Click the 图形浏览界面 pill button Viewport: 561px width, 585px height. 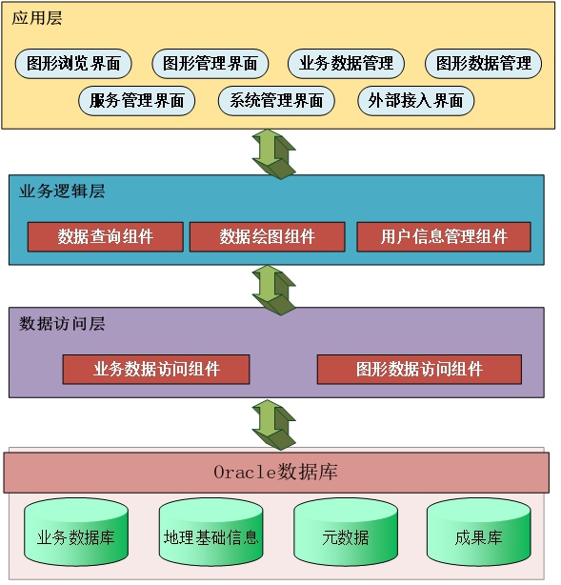click(x=73, y=64)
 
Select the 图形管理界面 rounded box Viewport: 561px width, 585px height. click(x=210, y=64)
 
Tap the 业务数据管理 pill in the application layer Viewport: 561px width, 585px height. click(x=346, y=64)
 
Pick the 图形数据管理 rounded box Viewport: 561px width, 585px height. click(x=484, y=64)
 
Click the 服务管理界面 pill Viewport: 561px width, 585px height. click(x=137, y=101)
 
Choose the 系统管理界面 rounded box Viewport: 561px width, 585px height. click(x=276, y=101)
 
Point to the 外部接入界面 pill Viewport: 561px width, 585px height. click(x=416, y=101)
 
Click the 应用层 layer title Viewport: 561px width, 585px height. click(x=37, y=18)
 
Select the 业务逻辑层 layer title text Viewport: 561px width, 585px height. click(x=62, y=191)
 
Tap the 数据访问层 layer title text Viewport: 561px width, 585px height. click(x=62, y=324)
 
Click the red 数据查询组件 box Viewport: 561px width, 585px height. click(x=106, y=237)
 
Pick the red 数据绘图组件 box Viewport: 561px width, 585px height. click(x=268, y=237)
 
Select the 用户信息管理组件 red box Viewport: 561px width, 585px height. click(x=444, y=237)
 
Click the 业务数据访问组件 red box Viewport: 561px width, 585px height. click(x=156, y=370)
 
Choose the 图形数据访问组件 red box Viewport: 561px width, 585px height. click(x=420, y=370)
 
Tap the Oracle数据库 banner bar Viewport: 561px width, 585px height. click(x=276, y=473)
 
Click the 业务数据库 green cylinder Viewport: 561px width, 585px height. click(x=76, y=532)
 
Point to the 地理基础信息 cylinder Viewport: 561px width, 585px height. click(x=211, y=532)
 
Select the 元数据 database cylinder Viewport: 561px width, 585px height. click(x=346, y=532)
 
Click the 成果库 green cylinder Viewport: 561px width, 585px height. click(x=479, y=532)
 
